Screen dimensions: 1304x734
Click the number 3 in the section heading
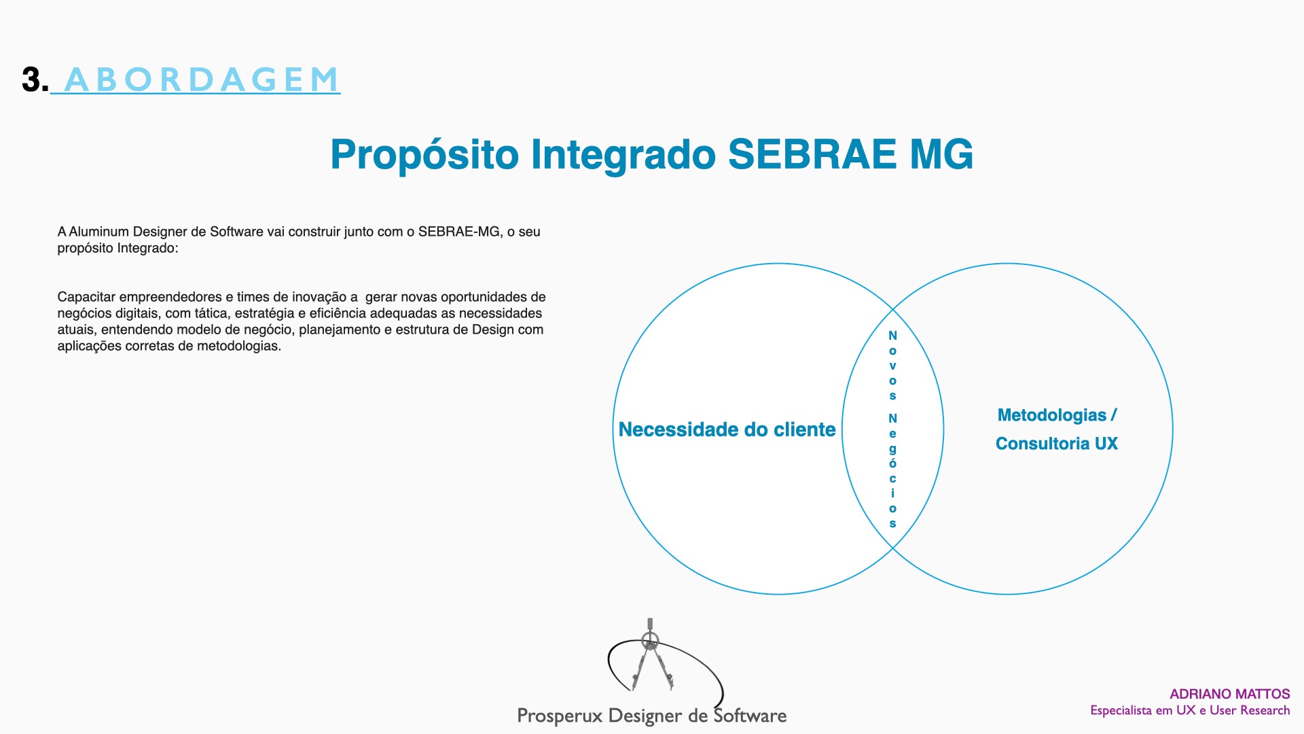click(x=31, y=80)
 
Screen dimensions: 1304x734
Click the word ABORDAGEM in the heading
click(x=202, y=80)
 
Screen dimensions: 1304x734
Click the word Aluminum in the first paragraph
click(x=98, y=232)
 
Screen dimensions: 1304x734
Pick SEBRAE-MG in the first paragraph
click(x=459, y=232)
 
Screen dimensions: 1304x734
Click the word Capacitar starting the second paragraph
click(x=86, y=297)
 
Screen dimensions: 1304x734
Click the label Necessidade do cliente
click(x=727, y=430)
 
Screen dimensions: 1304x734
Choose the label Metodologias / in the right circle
click(x=1057, y=415)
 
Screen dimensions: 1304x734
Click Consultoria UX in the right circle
click(x=1057, y=444)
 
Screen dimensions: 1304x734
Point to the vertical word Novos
click(x=892, y=366)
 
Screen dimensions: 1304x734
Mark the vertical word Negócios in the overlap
click(x=892, y=470)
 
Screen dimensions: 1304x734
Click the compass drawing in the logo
click(x=651, y=655)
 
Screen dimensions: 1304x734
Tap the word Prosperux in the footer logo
click(x=560, y=716)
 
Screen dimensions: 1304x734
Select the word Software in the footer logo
click(x=750, y=715)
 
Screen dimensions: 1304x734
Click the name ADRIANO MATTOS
click(x=1229, y=694)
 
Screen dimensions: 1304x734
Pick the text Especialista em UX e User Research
click(x=1190, y=710)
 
